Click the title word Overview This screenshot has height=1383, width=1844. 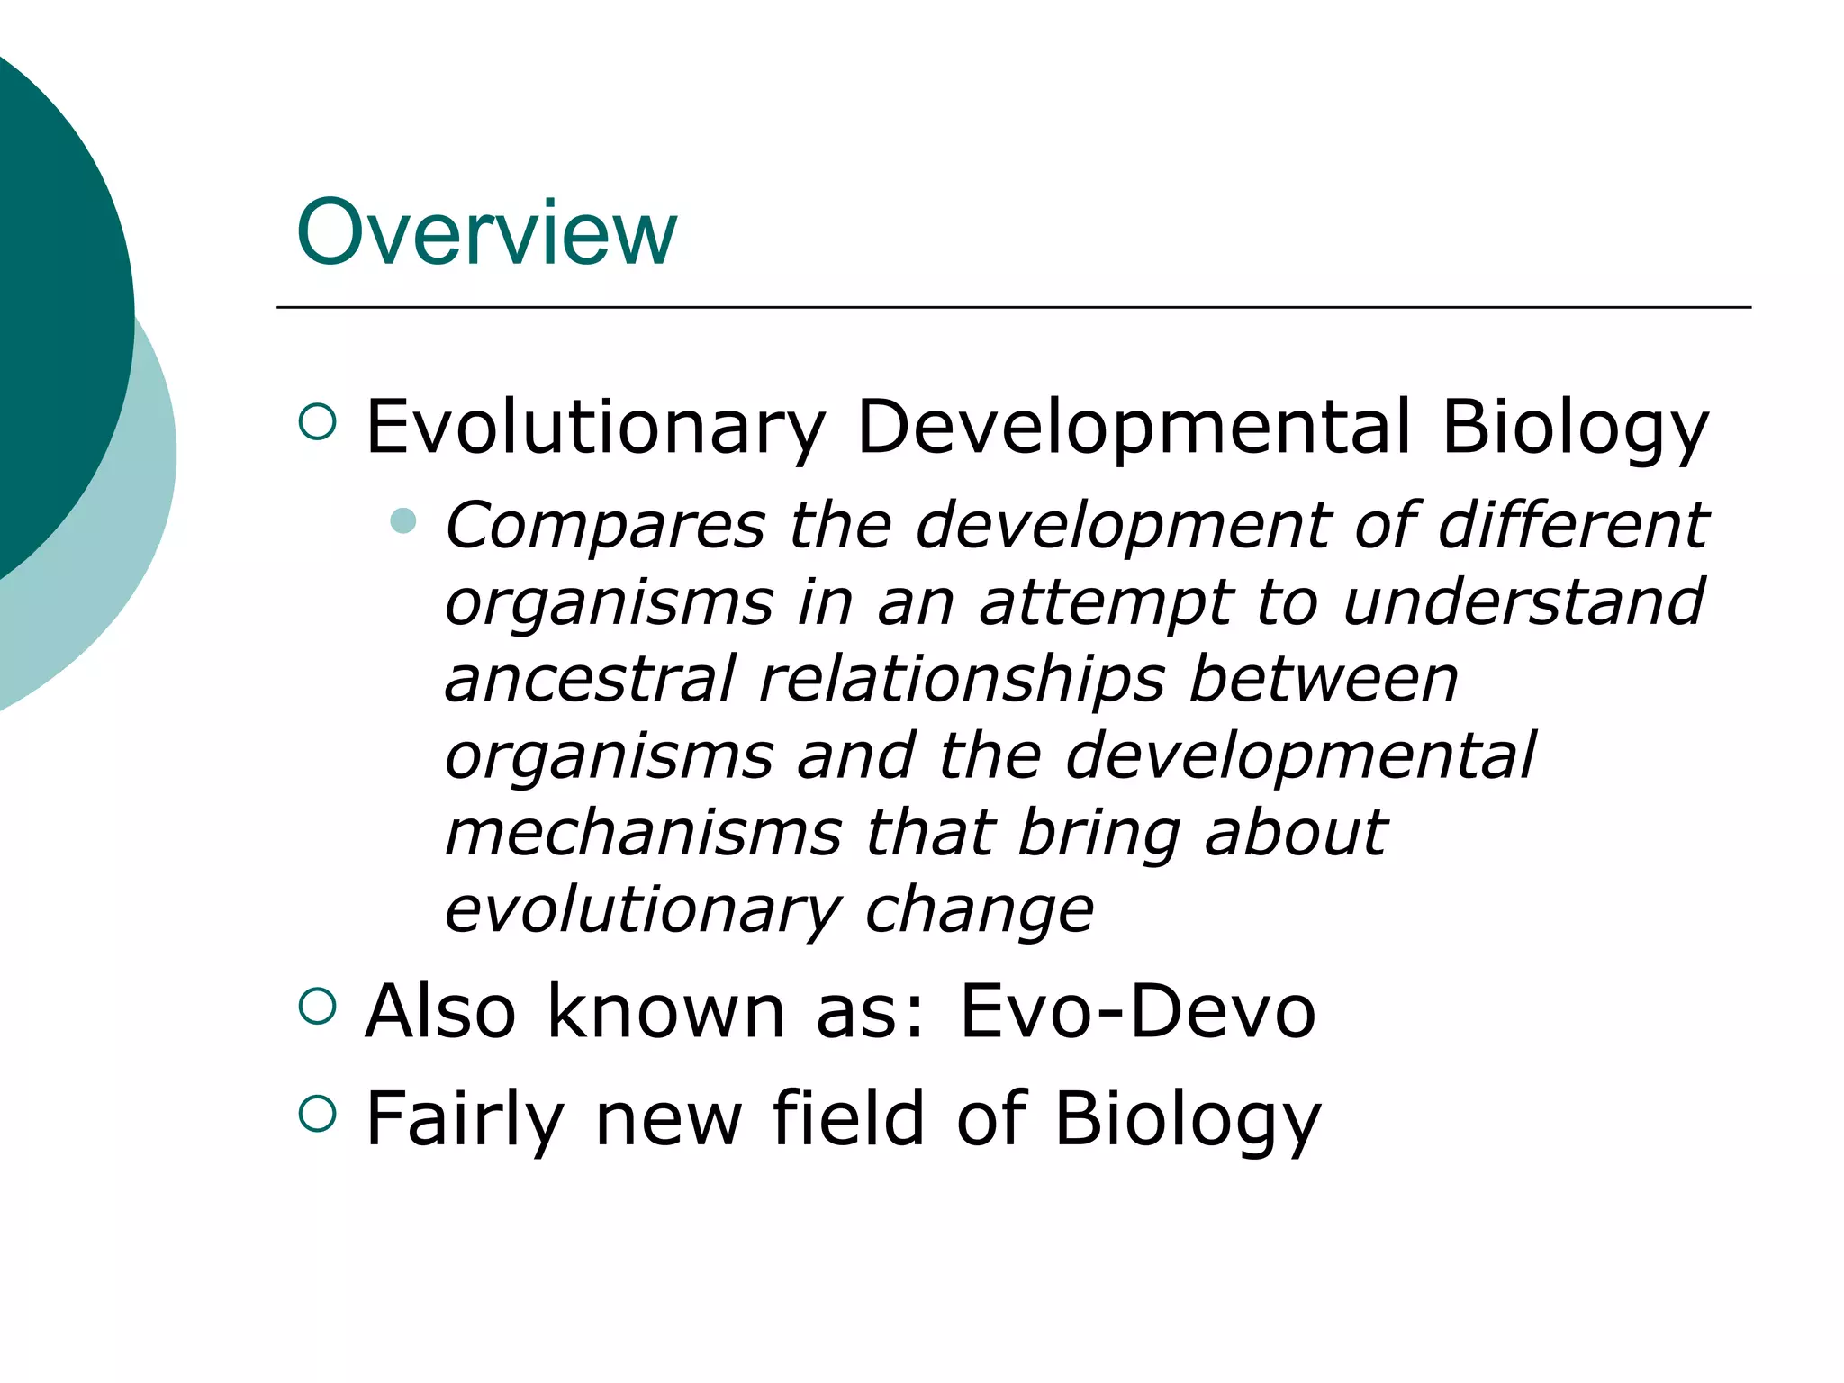point(486,232)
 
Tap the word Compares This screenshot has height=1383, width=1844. point(605,525)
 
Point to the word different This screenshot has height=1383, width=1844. point(1572,525)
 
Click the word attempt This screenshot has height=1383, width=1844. point(1106,603)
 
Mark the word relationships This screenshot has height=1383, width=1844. point(963,681)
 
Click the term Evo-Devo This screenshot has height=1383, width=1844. point(1138,1011)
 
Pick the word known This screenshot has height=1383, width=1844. point(666,1011)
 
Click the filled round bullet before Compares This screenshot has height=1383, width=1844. point(403,520)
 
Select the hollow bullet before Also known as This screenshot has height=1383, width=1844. point(317,1006)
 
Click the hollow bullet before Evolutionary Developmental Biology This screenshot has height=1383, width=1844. point(317,420)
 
